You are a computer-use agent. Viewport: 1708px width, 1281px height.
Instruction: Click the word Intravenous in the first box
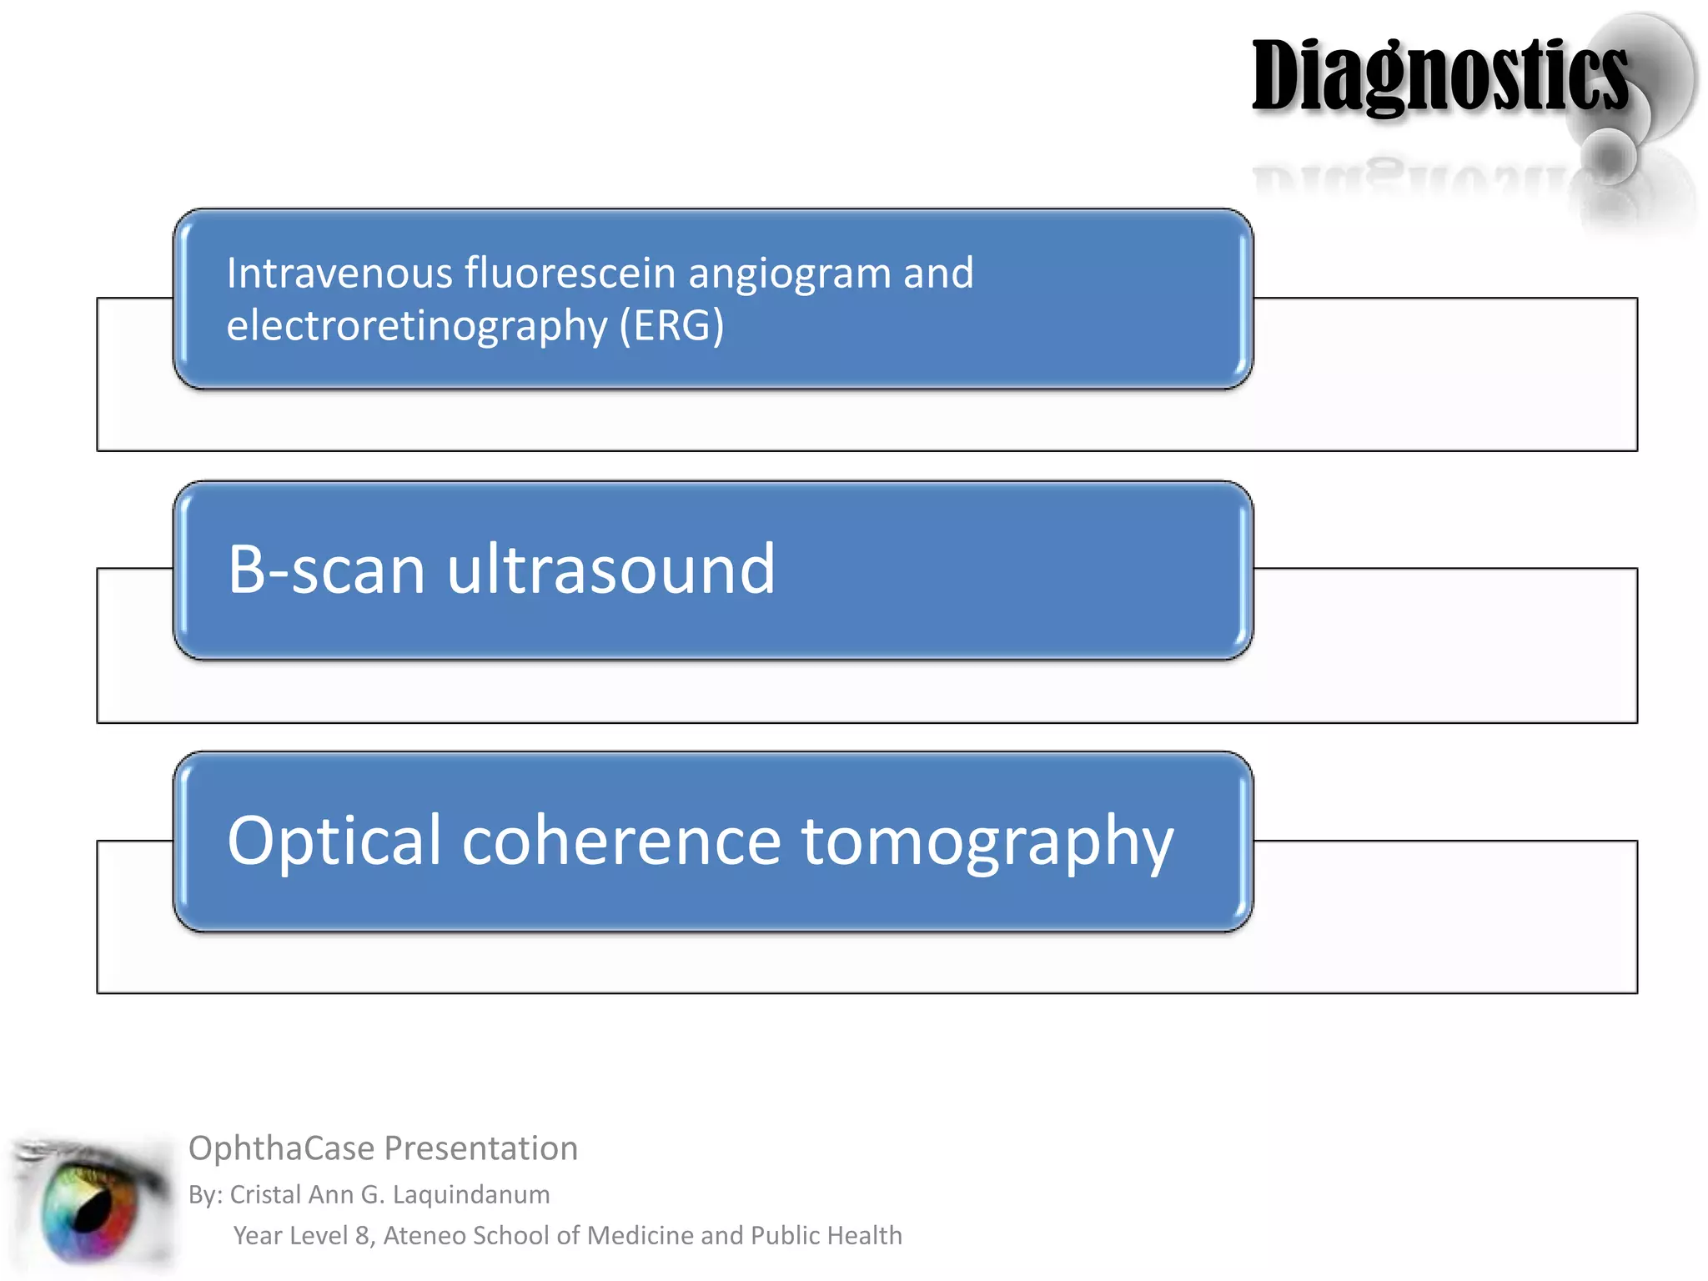pyautogui.click(x=339, y=274)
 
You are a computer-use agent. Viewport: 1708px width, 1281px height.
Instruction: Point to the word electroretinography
pyautogui.click(x=416, y=326)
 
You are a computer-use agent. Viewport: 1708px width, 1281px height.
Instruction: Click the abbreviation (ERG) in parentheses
pyautogui.click(x=671, y=326)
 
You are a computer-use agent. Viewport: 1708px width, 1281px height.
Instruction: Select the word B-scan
pyautogui.click(x=326, y=570)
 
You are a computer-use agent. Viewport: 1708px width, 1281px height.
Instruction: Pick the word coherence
pyautogui.click(x=621, y=841)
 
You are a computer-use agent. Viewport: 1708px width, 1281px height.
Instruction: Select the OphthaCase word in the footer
pyautogui.click(x=281, y=1149)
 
